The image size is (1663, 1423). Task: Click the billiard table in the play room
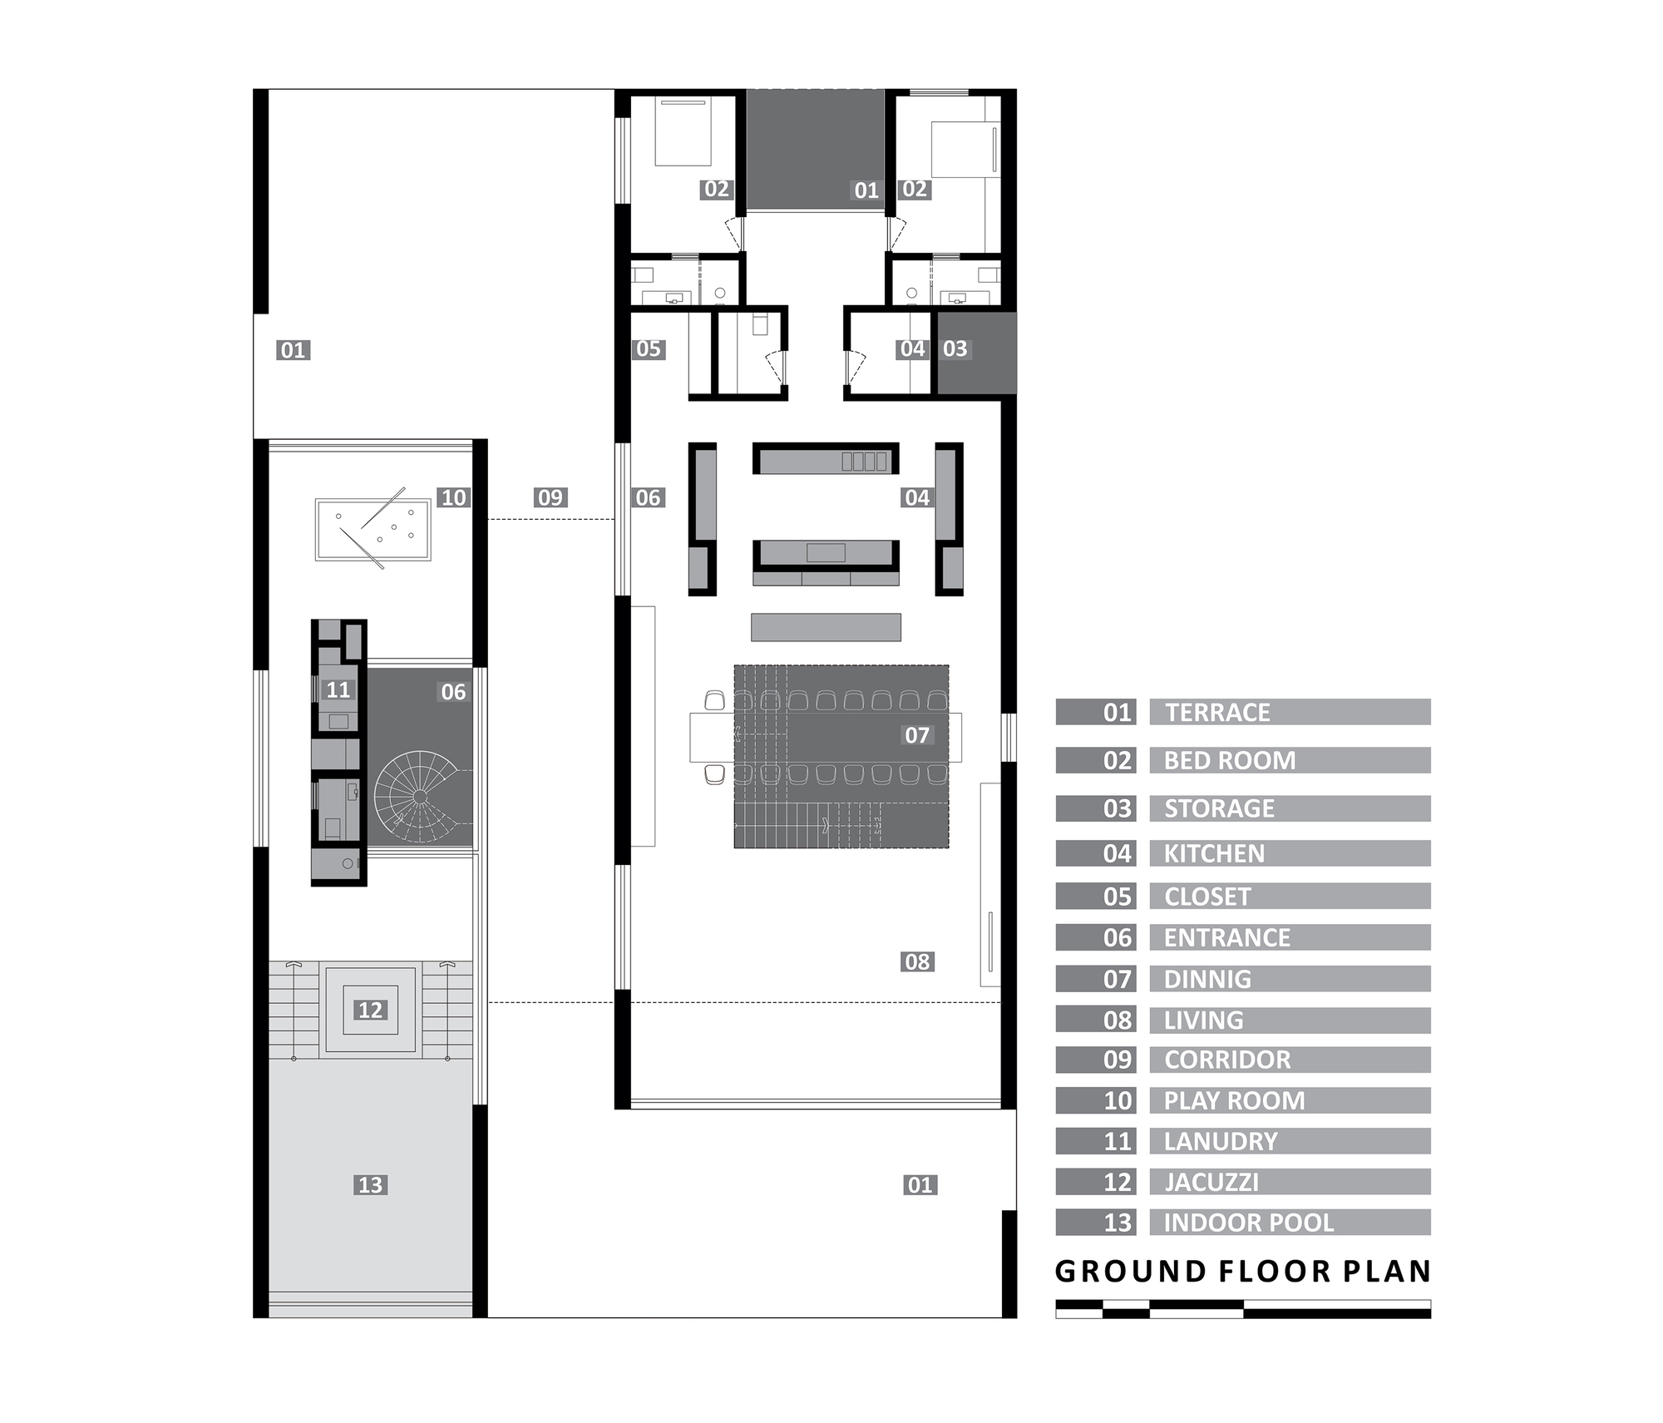[373, 529]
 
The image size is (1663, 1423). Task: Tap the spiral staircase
[420, 797]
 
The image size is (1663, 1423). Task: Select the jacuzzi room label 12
[370, 1010]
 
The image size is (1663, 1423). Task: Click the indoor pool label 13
[370, 1184]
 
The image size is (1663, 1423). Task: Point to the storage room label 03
[955, 348]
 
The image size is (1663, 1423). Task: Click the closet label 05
[648, 348]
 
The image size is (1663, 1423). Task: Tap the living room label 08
[917, 961]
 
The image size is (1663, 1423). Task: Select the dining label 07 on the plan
[917, 734]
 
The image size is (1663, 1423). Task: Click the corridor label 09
[550, 497]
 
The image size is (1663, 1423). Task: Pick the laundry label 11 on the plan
[338, 689]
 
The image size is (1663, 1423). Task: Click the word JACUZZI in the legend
[1211, 1182]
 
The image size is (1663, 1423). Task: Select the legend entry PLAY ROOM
[1234, 1100]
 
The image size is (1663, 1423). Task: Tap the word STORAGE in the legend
[1219, 808]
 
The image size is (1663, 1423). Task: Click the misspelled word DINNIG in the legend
[1207, 979]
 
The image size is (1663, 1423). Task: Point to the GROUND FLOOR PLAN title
[1242, 1271]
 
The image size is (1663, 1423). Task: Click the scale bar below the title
[1242, 1309]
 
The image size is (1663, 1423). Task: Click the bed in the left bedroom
[683, 131]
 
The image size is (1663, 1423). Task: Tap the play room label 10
[453, 497]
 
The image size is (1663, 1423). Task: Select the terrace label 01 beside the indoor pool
[920, 1184]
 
